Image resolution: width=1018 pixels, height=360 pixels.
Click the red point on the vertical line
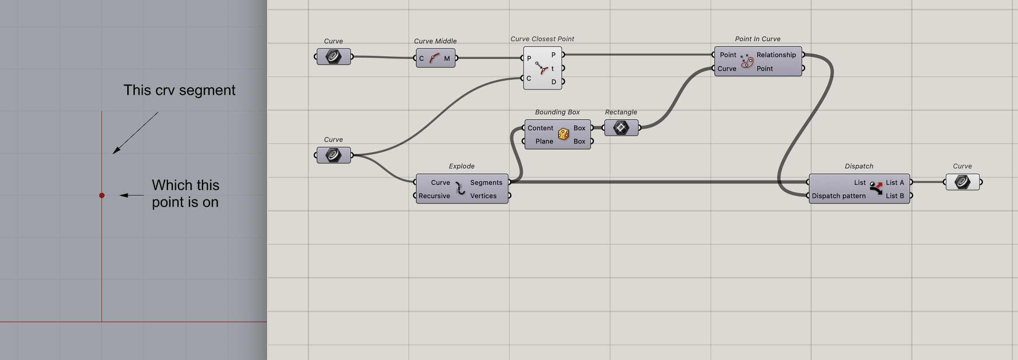point(102,196)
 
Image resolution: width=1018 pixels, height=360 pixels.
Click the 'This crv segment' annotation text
point(179,90)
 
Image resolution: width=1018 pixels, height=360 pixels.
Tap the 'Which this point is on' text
point(185,194)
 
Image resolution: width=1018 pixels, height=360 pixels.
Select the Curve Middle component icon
point(435,58)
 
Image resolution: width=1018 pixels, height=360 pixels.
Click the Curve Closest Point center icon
point(542,68)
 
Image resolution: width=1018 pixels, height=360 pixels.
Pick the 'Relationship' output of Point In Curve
point(776,55)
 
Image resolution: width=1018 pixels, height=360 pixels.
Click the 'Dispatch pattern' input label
point(838,196)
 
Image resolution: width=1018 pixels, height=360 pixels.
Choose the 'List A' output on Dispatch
point(895,183)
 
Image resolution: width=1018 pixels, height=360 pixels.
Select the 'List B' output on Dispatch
point(895,196)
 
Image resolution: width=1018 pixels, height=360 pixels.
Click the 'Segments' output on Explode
point(486,183)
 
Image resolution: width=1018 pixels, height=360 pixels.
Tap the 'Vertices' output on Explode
point(483,196)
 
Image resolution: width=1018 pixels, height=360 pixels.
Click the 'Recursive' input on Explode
point(434,196)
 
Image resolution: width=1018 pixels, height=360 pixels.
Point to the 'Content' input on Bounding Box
point(540,128)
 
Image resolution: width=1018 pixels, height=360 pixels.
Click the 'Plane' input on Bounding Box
point(544,141)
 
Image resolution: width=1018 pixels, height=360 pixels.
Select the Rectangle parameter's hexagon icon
point(621,128)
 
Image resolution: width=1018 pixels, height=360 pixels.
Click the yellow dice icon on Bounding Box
point(564,134)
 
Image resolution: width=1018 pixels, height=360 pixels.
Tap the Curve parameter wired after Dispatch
point(962,182)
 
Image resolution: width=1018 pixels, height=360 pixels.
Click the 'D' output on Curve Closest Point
point(553,82)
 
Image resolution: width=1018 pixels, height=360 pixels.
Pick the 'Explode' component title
point(462,166)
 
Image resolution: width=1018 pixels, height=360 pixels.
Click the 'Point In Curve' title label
point(757,39)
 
